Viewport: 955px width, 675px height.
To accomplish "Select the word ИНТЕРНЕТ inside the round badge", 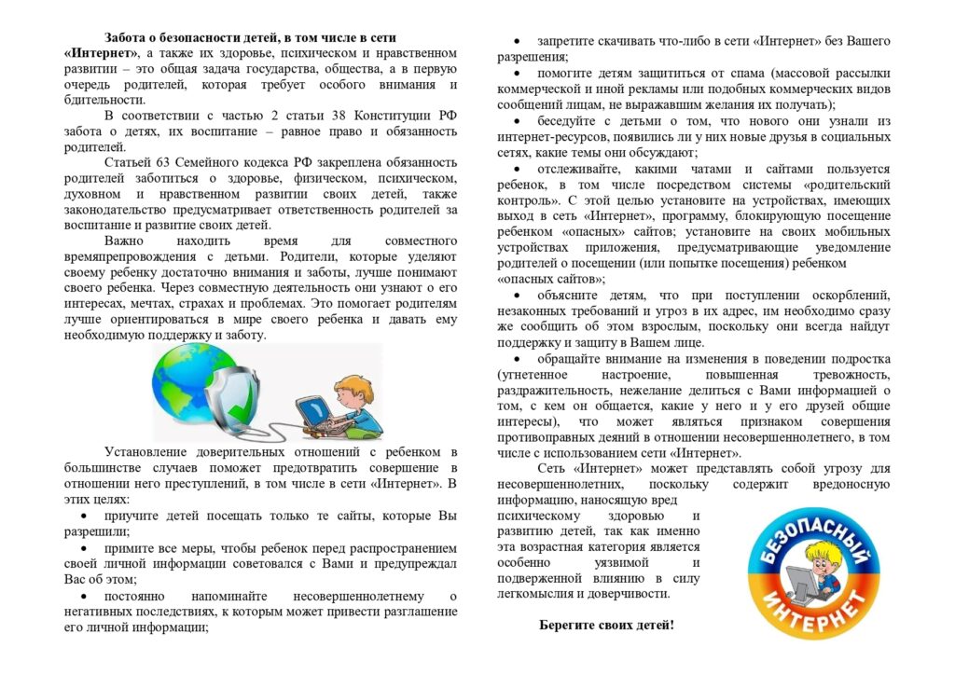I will (x=821, y=612).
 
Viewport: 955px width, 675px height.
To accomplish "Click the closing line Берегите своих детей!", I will (x=606, y=625).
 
